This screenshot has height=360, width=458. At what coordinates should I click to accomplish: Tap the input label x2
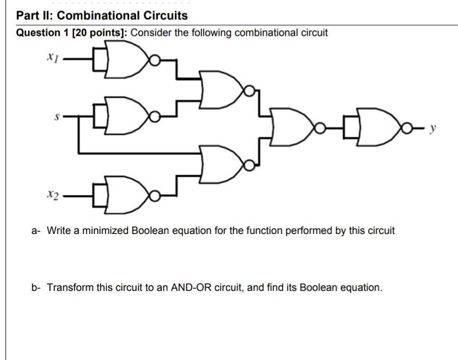tap(52, 195)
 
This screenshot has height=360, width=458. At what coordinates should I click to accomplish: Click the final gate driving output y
tap(375, 128)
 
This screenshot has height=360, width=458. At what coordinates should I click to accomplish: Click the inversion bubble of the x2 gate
tap(154, 197)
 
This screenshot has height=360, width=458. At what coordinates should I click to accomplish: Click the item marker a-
tap(36, 231)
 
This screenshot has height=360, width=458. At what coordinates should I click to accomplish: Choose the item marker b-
tap(36, 288)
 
